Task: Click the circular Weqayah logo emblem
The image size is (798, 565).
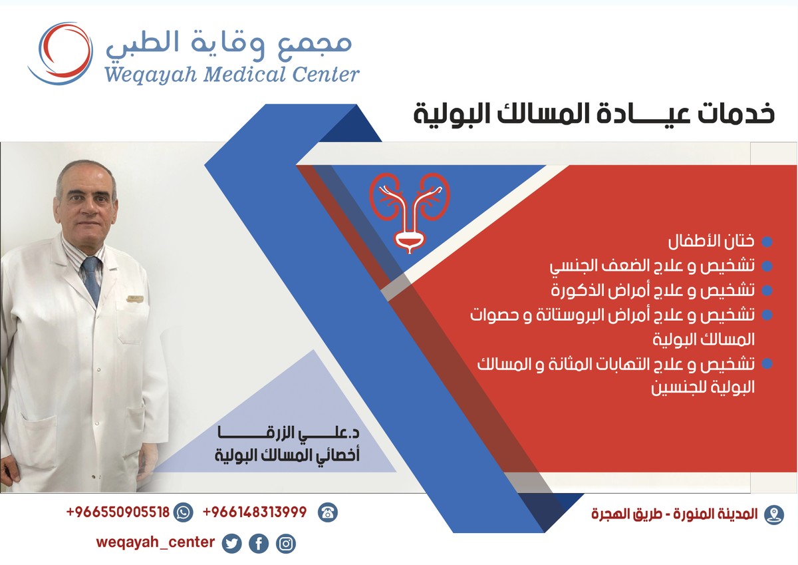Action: pyautogui.click(x=59, y=53)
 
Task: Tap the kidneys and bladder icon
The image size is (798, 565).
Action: pyautogui.click(x=410, y=212)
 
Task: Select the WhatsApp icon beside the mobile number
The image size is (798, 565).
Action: pyautogui.click(x=184, y=513)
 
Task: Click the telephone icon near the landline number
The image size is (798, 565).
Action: pyautogui.click(x=327, y=513)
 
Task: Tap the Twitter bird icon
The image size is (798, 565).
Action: pyautogui.click(x=231, y=544)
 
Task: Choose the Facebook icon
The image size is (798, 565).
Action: pyautogui.click(x=259, y=544)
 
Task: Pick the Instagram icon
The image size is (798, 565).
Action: pyautogui.click(x=286, y=544)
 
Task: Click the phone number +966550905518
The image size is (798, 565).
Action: pyautogui.click(x=118, y=512)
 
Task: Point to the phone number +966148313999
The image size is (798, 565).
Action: pyautogui.click(x=255, y=512)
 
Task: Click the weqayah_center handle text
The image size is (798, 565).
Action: pyautogui.click(x=155, y=542)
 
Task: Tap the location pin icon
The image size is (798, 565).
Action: pyautogui.click(x=773, y=514)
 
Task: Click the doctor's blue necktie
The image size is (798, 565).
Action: pyautogui.click(x=90, y=279)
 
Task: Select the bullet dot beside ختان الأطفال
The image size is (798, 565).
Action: pyautogui.click(x=766, y=242)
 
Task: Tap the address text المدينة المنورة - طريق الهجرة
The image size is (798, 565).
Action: pyautogui.click(x=674, y=514)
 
